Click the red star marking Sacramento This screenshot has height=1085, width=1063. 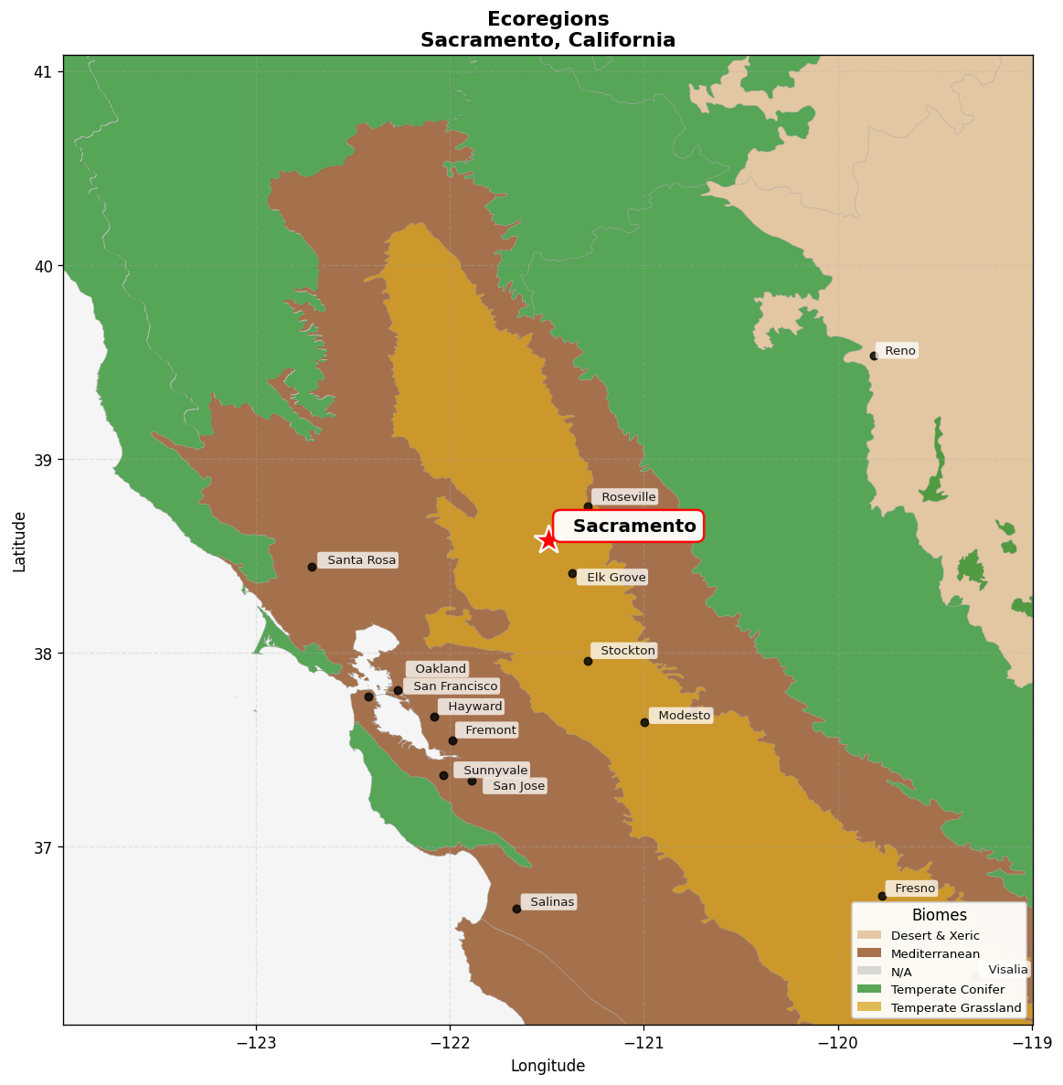pyautogui.click(x=547, y=539)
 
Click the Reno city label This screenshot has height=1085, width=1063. pyautogui.click(x=899, y=351)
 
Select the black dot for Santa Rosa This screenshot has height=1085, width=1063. pyautogui.click(x=312, y=567)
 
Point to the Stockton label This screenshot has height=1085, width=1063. pyautogui.click(x=627, y=651)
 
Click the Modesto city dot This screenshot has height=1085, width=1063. pyautogui.click(x=644, y=722)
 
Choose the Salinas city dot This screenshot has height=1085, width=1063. pyautogui.click(x=516, y=909)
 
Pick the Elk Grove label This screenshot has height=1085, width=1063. pyautogui.click(x=615, y=578)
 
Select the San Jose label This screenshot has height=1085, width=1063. pyautogui.click(x=517, y=786)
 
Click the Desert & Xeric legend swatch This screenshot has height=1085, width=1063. pyautogui.click(x=869, y=936)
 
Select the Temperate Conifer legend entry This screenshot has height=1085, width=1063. pyautogui.click(x=947, y=989)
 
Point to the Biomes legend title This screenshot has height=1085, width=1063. pyautogui.click(x=939, y=915)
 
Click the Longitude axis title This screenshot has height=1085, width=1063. pyautogui.click(x=547, y=1066)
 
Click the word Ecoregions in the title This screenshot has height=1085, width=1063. pyautogui.click(x=547, y=19)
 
